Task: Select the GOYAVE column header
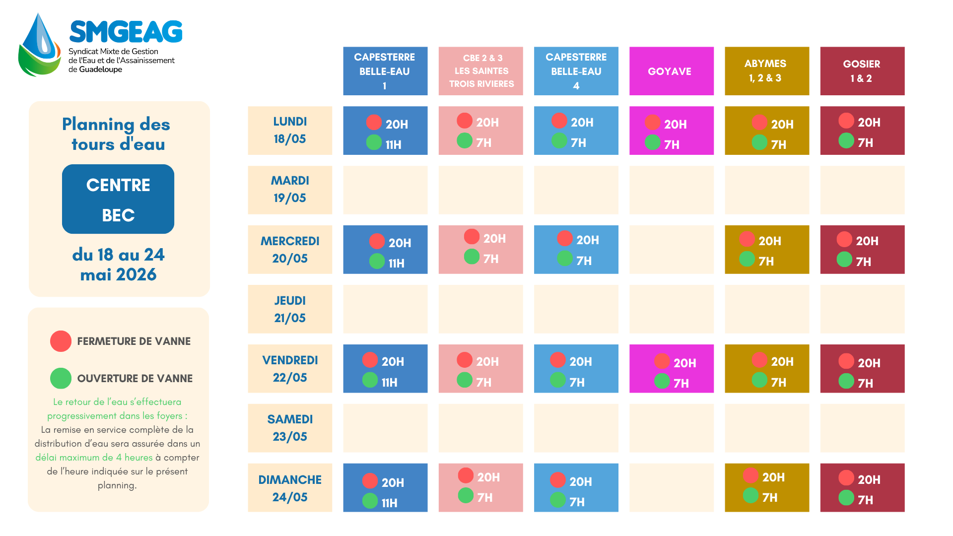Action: (x=672, y=71)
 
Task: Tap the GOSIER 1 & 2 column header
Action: (x=862, y=71)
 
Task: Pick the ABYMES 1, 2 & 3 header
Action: (x=767, y=71)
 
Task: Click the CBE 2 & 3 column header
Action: (x=481, y=71)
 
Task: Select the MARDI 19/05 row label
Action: (x=290, y=190)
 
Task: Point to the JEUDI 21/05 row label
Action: (x=290, y=309)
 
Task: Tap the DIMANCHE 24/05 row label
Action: (x=290, y=488)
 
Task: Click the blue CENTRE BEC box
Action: (x=118, y=199)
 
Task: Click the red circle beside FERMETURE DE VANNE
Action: (x=61, y=341)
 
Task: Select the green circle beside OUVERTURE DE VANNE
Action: (x=61, y=378)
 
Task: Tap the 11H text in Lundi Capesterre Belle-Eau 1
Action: (x=394, y=145)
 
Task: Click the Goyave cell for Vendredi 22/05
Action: (x=672, y=369)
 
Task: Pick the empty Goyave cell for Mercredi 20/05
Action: (x=672, y=250)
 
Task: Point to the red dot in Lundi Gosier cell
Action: (x=846, y=121)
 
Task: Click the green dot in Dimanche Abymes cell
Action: (x=750, y=495)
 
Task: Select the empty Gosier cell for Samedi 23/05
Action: (x=862, y=428)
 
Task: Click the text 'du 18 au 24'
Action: (x=118, y=255)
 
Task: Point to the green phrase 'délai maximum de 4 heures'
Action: (x=94, y=458)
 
